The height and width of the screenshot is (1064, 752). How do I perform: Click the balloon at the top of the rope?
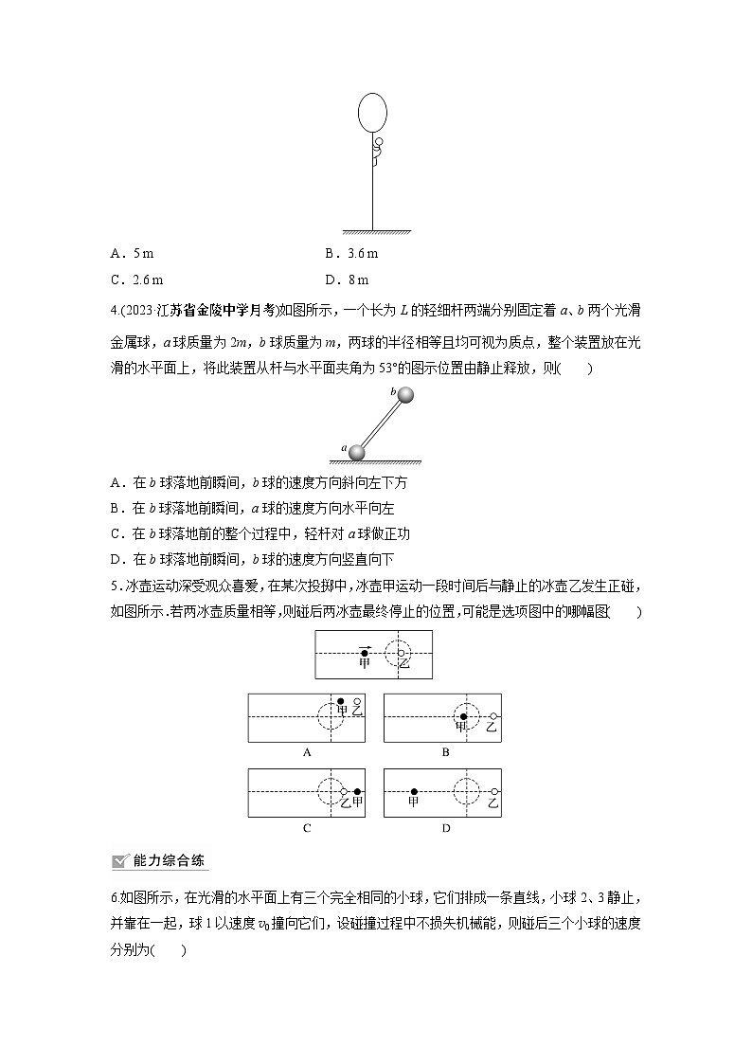click(x=372, y=112)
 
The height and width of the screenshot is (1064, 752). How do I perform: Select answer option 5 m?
click(x=132, y=253)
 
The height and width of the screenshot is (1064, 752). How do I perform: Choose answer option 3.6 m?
click(x=351, y=253)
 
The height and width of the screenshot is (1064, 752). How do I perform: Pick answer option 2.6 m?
click(x=136, y=280)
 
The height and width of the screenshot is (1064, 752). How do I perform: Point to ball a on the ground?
click(x=356, y=452)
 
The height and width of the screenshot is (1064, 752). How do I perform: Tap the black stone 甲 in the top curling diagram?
click(x=365, y=652)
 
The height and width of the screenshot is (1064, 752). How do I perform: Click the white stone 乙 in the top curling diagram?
click(x=402, y=653)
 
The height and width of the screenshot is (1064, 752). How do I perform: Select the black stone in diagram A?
click(x=342, y=701)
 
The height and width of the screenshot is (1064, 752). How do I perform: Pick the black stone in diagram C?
click(x=357, y=791)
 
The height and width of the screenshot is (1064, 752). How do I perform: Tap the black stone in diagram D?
click(x=414, y=791)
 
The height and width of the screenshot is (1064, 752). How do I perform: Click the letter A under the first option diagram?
click(x=306, y=752)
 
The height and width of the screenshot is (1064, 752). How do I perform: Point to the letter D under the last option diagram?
click(x=445, y=828)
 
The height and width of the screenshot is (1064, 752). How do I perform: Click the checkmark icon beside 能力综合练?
click(x=120, y=860)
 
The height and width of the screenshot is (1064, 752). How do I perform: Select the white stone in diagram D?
click(x=494, y=791)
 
